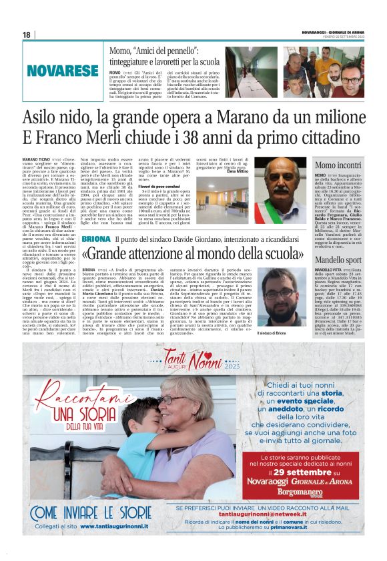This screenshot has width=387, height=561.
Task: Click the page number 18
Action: click(x=27, y=35)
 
